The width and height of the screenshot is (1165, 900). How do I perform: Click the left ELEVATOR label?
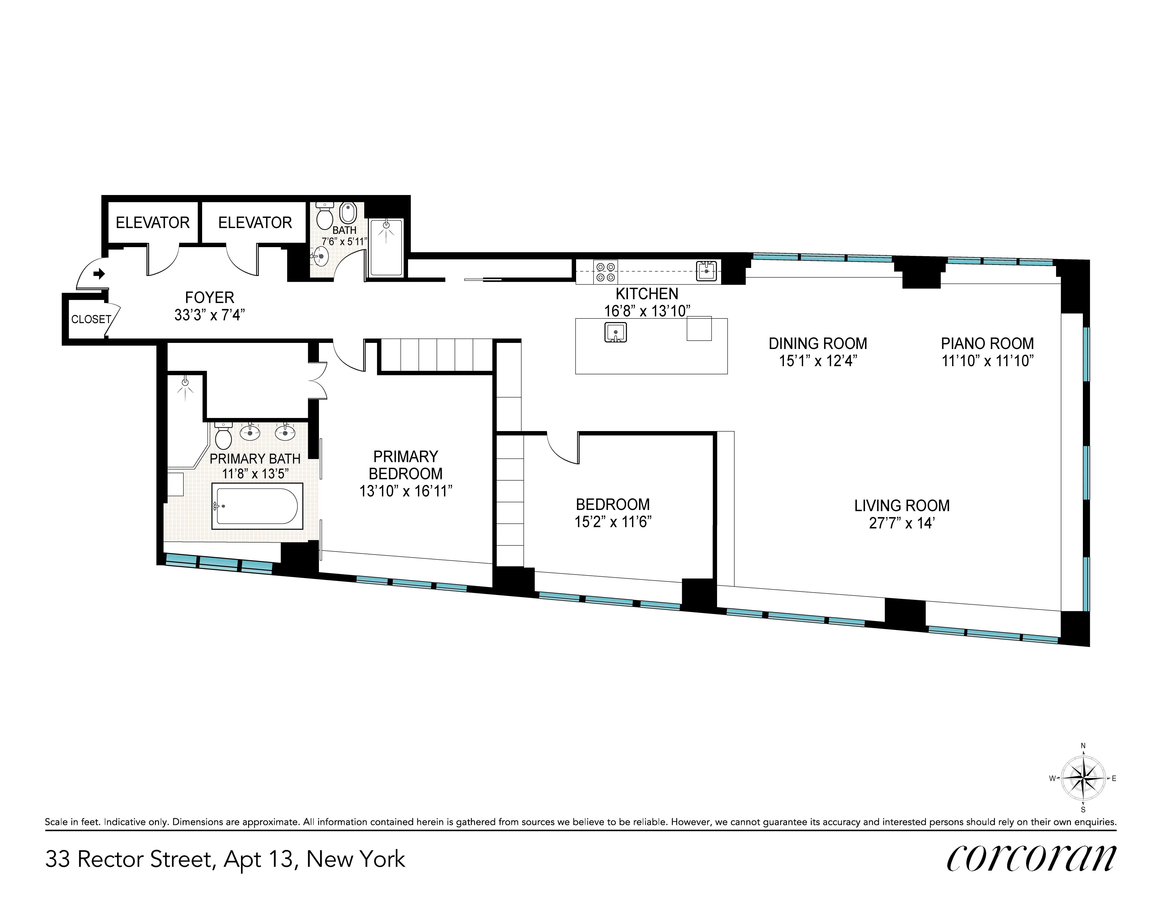[153, 223]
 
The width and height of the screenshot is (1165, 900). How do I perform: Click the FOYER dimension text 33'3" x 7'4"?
[209, 315]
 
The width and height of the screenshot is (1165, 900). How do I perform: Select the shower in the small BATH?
[386, 248]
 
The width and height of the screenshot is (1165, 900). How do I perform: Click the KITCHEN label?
[647, 294]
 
